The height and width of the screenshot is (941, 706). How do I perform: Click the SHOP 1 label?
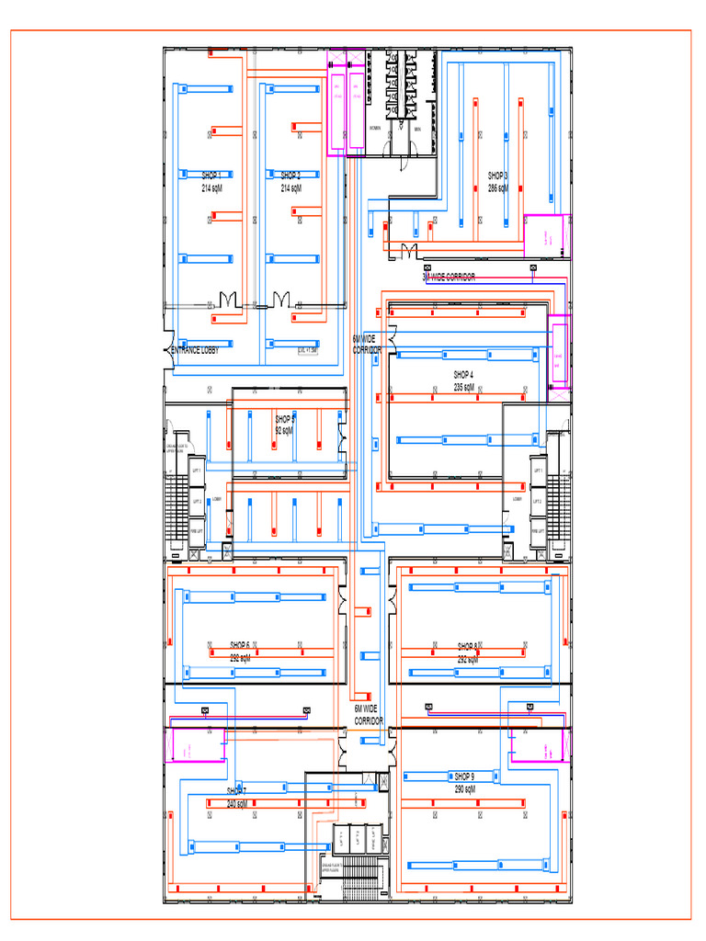point(212,175)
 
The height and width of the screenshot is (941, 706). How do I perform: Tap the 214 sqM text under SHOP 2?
point(290,187)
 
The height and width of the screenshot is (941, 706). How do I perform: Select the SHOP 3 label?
point(498,175)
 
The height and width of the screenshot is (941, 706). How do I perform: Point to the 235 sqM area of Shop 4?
point(463,388)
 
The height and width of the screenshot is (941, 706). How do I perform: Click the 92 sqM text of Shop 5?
point(283,430)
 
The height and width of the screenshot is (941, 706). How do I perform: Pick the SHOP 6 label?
point(240,644)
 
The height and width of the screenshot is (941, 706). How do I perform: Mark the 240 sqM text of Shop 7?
point(237,804)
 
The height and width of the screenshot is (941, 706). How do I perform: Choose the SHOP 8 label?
point(467,646)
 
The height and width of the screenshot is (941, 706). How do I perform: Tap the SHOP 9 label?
point(464,777)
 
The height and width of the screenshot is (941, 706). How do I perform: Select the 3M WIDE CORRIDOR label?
point(449,278)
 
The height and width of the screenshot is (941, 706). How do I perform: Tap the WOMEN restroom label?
point(375,129)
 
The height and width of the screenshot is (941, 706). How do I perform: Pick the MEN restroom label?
point(416,129)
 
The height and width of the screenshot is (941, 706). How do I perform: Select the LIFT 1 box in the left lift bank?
point(196,471)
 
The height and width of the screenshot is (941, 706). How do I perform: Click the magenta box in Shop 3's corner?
point(546,236)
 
